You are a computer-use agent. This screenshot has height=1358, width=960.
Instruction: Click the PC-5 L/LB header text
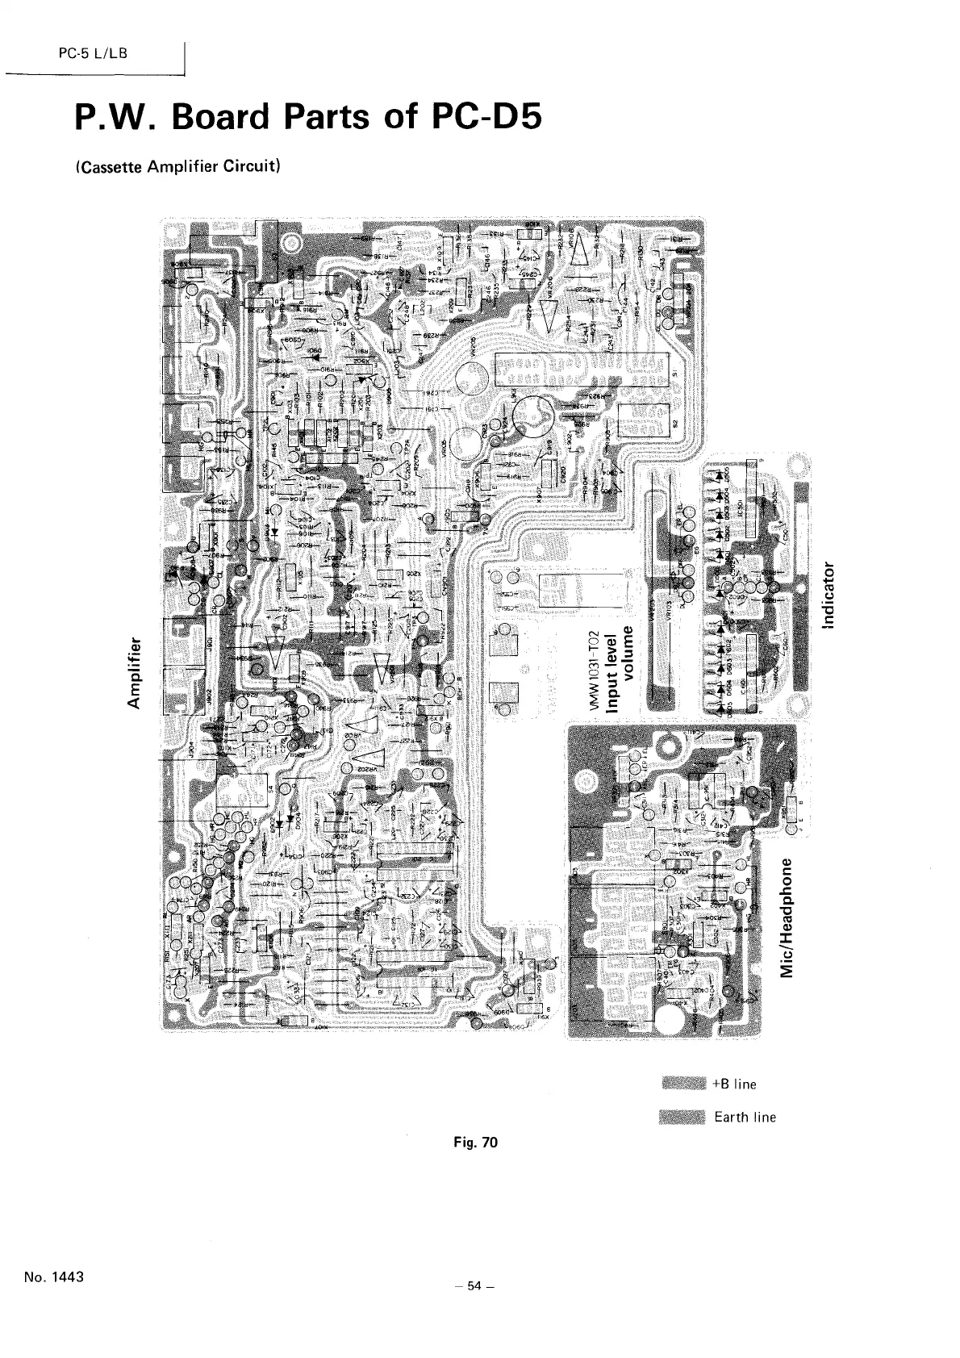pos(89,54)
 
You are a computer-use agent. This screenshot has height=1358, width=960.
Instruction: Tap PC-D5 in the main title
pos(482,119)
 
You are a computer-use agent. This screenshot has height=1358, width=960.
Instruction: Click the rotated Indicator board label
pos(828,591)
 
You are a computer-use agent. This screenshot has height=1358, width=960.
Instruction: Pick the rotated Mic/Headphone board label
pos(792,908)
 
